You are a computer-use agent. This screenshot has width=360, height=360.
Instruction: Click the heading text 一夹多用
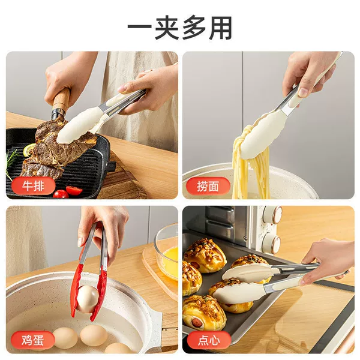pos(180,28)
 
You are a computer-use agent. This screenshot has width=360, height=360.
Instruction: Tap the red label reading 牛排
pos(33,185)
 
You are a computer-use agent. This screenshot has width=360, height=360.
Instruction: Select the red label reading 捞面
pos(208,186)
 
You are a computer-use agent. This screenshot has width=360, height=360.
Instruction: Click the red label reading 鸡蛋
pos(33,340)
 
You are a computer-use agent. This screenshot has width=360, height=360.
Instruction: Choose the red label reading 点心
pos(209,340)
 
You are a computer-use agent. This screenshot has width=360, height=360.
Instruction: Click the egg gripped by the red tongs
pos(88,298)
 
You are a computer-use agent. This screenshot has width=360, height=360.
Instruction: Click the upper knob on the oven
pos(274,214)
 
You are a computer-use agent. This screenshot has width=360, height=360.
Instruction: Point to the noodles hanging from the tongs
pos(250,166)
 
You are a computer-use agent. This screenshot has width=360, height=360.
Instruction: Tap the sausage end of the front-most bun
pos(197,323)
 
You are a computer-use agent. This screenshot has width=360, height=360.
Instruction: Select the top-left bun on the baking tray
pos(205,255)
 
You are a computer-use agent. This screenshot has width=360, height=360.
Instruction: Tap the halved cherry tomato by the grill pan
pos(74,190)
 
